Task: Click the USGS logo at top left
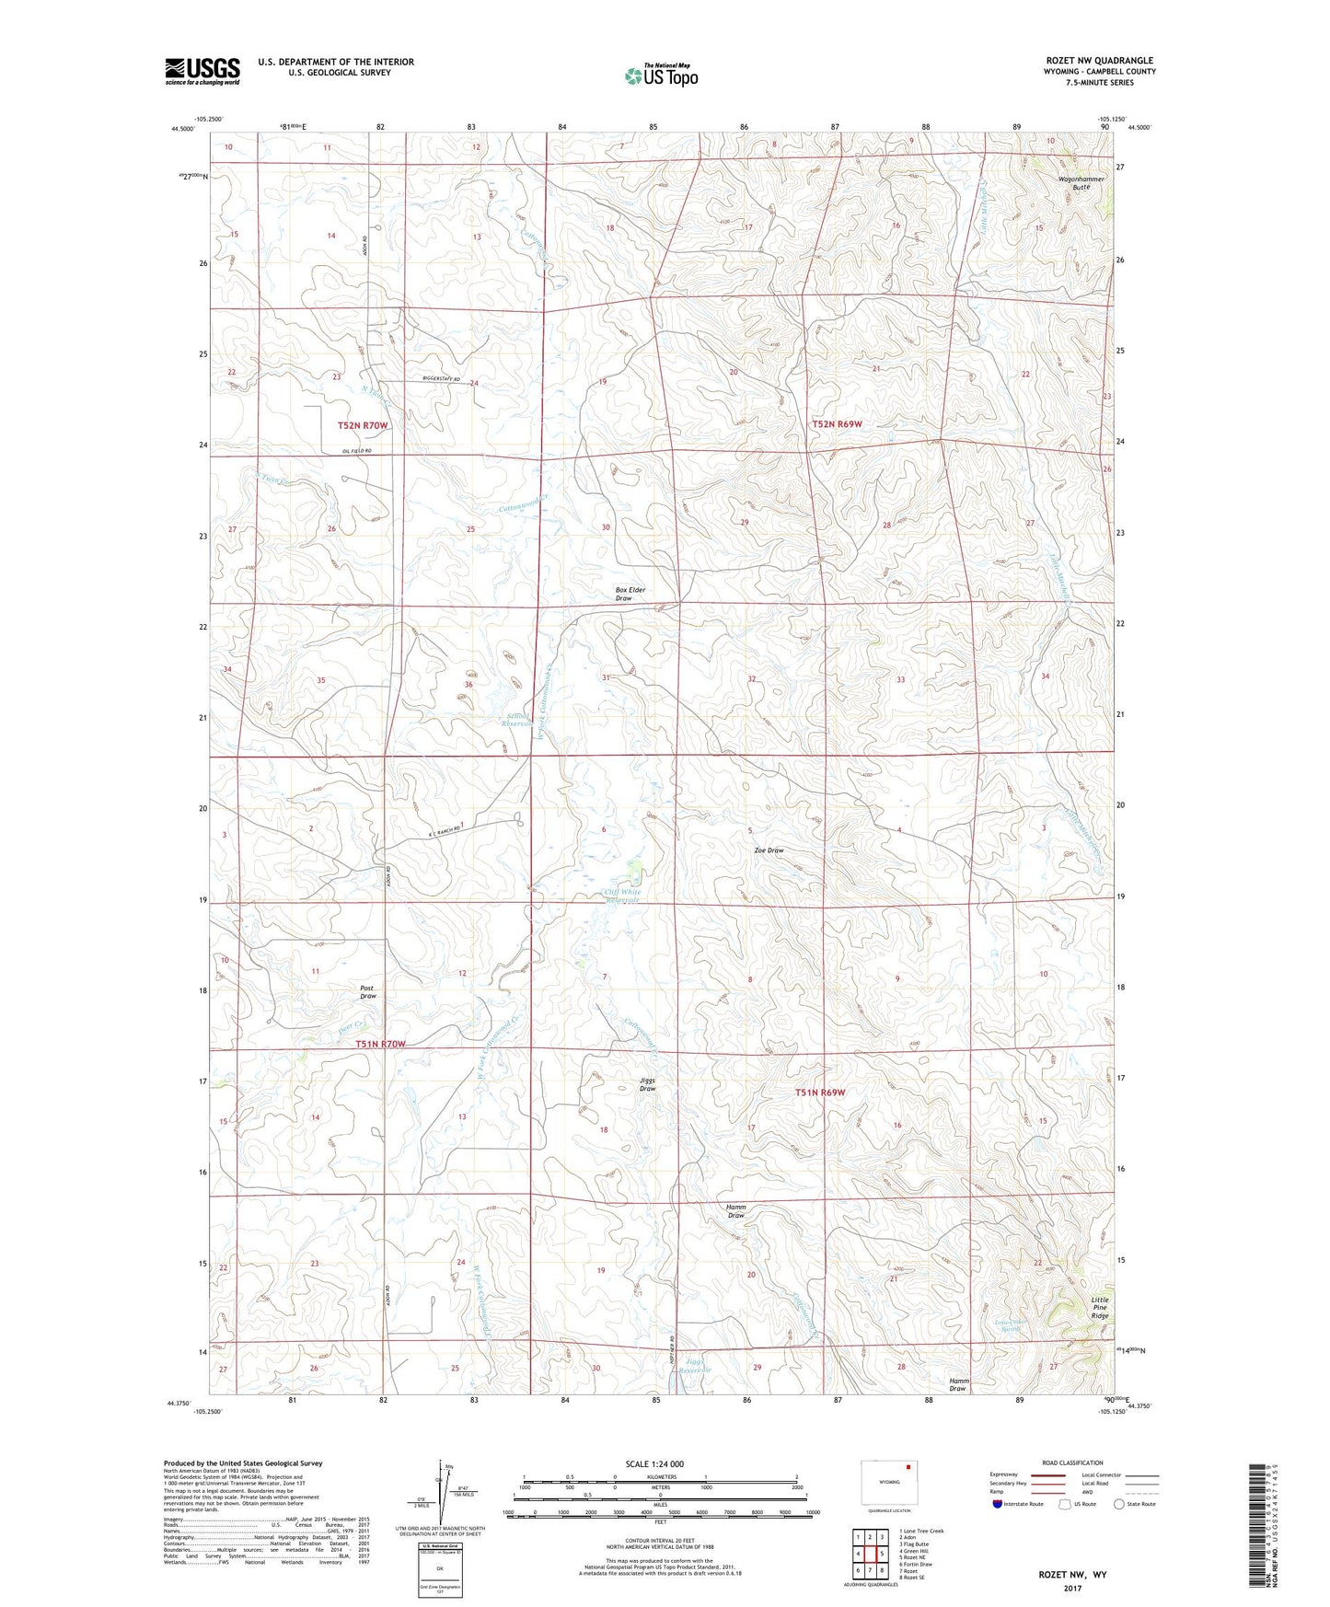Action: [202, 71]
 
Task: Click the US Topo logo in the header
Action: [661, 75]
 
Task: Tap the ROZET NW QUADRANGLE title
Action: [1099, 61]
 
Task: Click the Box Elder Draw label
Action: [624, 594]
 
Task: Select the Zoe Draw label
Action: [769, 850]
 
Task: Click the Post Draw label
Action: [368, 992]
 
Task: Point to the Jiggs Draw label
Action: [648, 1084]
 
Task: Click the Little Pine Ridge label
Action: [1100, 1308]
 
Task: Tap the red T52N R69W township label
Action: [838, 424]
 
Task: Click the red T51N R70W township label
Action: [380, 1044]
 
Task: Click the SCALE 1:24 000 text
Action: [653, 1464]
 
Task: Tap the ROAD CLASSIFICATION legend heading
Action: [1072, 1462]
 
